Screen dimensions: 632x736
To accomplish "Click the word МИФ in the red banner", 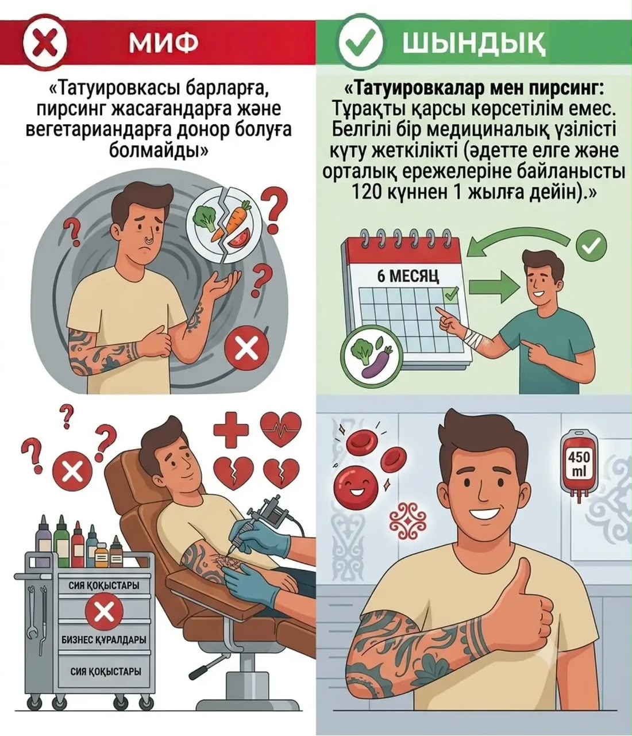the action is (x=163, y=43).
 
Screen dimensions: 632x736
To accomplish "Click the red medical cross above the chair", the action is (x=231, y=430).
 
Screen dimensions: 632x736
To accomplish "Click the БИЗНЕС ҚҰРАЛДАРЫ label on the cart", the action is (x=104, y=640).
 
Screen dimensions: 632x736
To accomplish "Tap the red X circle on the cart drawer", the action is (x=104, y=612).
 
